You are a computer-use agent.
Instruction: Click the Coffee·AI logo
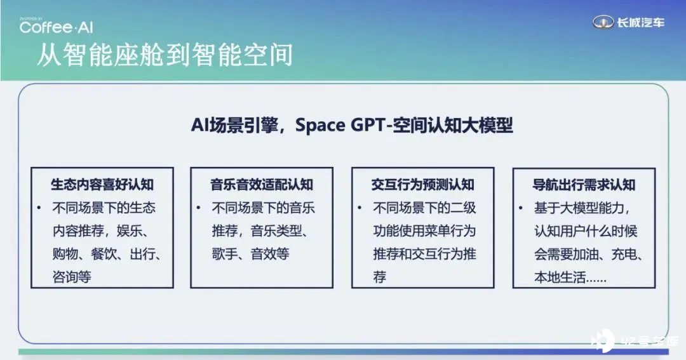pyautogui.click(x=56, y=27)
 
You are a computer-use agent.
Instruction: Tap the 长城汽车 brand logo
pyautogui.click(x=628, y=22)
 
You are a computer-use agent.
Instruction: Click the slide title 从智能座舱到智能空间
pyautogui.click(x=165, y=55)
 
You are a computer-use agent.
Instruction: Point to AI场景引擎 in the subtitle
pyautogui.click(x=234, y=125)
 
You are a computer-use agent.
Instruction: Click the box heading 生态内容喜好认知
pyautogui.click(x=102, y=185)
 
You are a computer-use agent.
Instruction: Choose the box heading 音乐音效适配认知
pyautogui.click(x=262, y=185)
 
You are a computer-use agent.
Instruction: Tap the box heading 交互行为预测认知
pyautogui.click(x=422, y=185)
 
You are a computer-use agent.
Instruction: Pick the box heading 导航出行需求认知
pyautogui.click(x=584, y=185)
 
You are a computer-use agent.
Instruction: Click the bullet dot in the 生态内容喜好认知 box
pyautogui.click(x=39, y=208)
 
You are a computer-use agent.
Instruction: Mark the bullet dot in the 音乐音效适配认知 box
pyautogui.click(x=198, y=208)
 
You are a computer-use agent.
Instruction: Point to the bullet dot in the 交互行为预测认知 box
pyautogui.click(x=359, y=208)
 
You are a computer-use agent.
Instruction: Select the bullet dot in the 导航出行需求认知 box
pyautogui.click(x=520, y=208)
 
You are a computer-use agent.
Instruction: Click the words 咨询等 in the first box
pyautogui.click(x=72, y=277)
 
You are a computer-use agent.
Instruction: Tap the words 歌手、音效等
pyautogui.click(x=251, y=254)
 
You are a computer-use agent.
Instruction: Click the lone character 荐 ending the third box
pyautogui.click(x=380, y=277)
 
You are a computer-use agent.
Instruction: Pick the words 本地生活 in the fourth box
pyautogui.click(x=560, y=277)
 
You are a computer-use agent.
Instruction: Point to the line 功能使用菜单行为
pyautogui.click(x=424, y=230)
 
